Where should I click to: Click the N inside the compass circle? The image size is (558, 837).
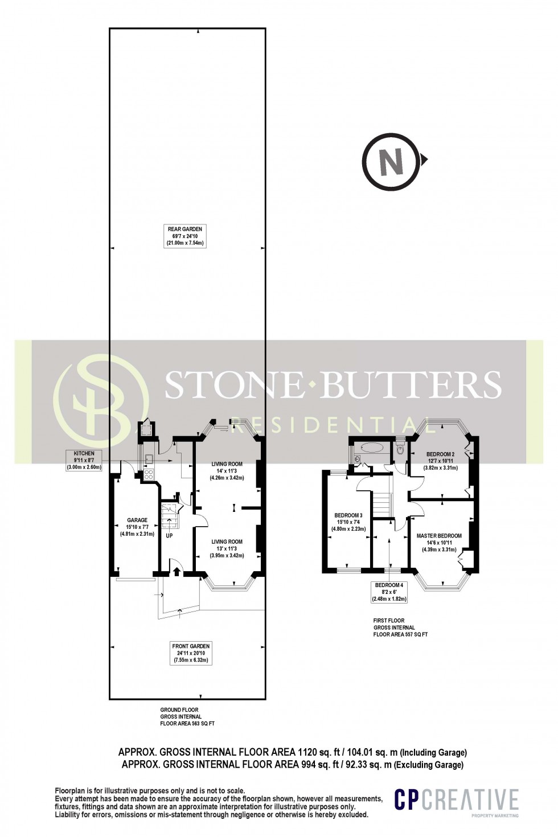tap(391, 162)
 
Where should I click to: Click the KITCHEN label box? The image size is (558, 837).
tap(84, 460)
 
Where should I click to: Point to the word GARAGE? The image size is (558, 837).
tap(137, 520)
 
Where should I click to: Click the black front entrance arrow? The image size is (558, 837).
tap(177, 572)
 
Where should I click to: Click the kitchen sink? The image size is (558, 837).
tap(149, 458)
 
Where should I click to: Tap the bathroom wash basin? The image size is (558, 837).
tap(355, 458)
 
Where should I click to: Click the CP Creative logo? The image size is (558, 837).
tap(457, 799)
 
